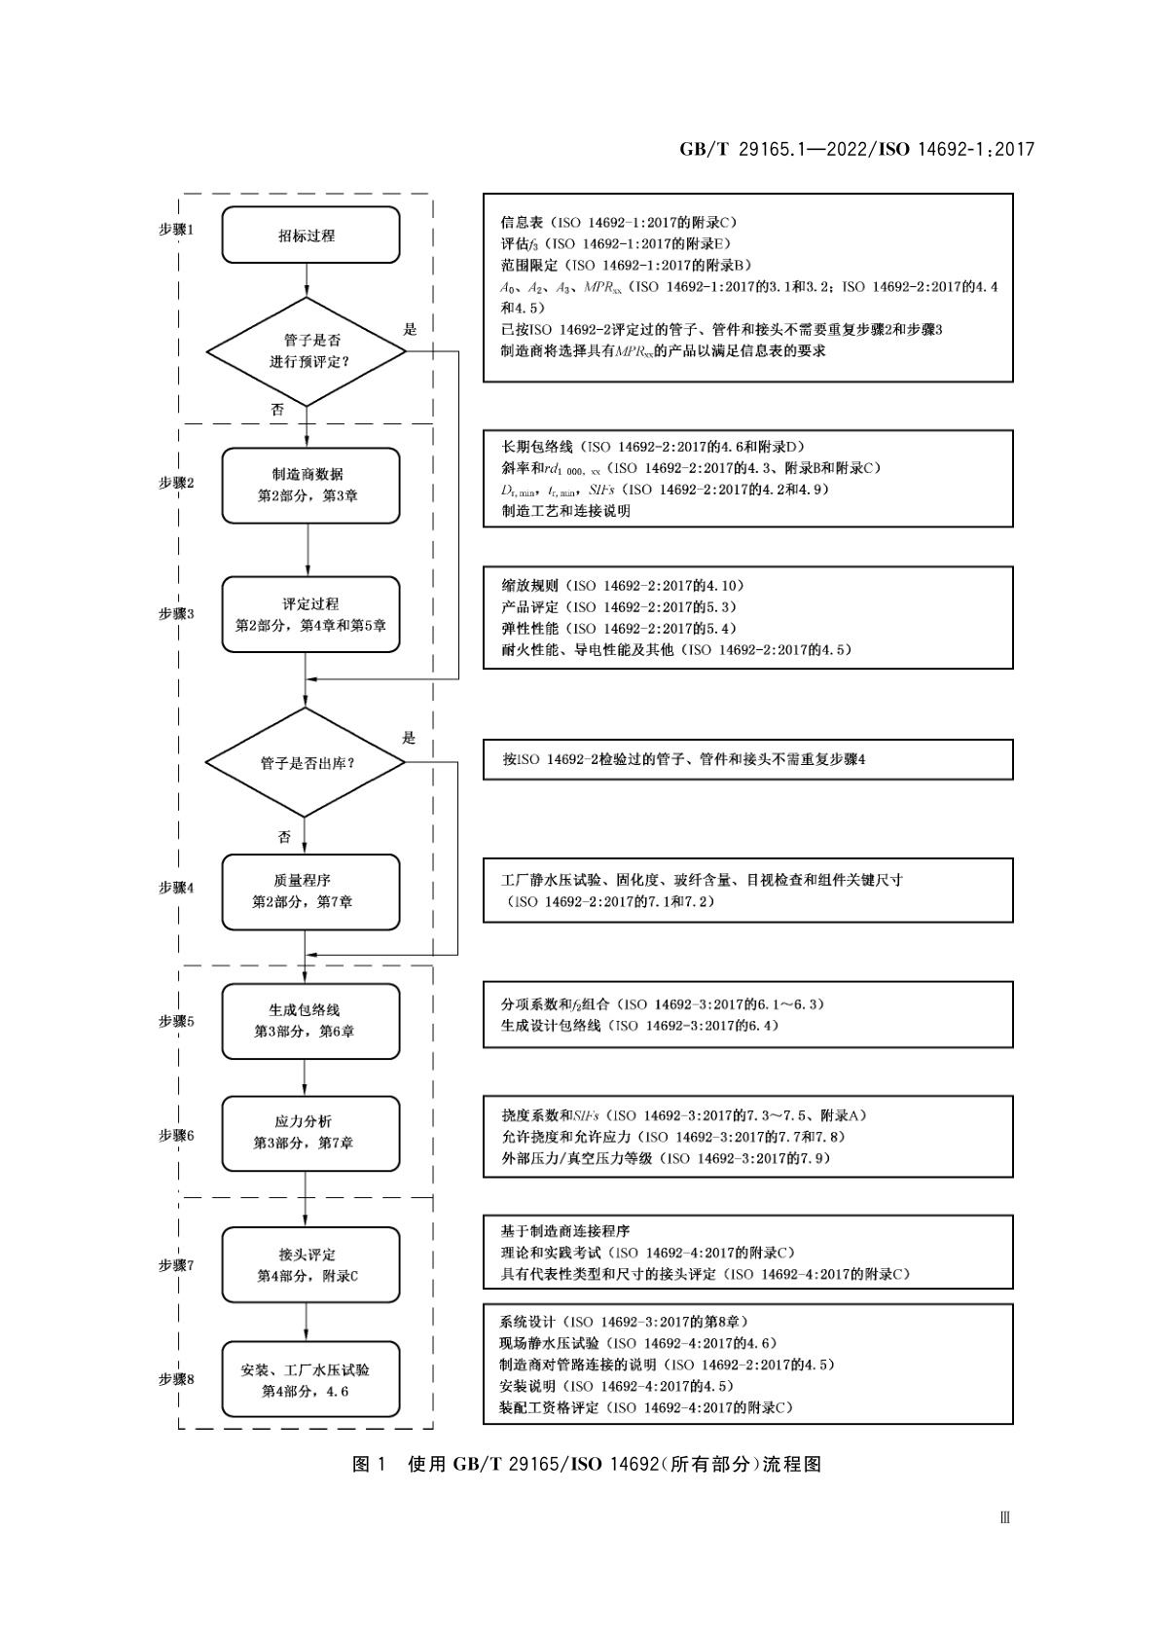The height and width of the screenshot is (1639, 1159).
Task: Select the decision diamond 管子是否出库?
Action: coord(306,763)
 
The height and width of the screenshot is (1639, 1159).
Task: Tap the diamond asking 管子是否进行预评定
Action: coord(306,351)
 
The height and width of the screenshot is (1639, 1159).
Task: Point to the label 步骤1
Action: coord(176,230)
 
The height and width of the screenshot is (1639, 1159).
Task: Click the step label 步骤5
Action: coord(176,1021)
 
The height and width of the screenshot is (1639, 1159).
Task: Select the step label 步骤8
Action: coord(176,1379)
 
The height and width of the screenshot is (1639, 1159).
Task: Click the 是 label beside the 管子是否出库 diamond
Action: coord(409,738)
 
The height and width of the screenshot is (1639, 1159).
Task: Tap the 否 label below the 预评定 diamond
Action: coord(277,410)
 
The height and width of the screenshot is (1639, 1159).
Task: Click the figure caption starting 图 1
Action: coord(587,1464)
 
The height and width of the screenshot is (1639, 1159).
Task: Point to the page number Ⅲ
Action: coord(1005,1517)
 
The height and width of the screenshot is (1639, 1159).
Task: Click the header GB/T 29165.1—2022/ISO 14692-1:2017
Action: coord(856,149)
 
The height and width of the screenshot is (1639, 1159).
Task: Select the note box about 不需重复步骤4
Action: coord(747,759)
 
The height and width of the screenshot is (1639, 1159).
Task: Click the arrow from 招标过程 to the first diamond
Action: coord(307,280)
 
